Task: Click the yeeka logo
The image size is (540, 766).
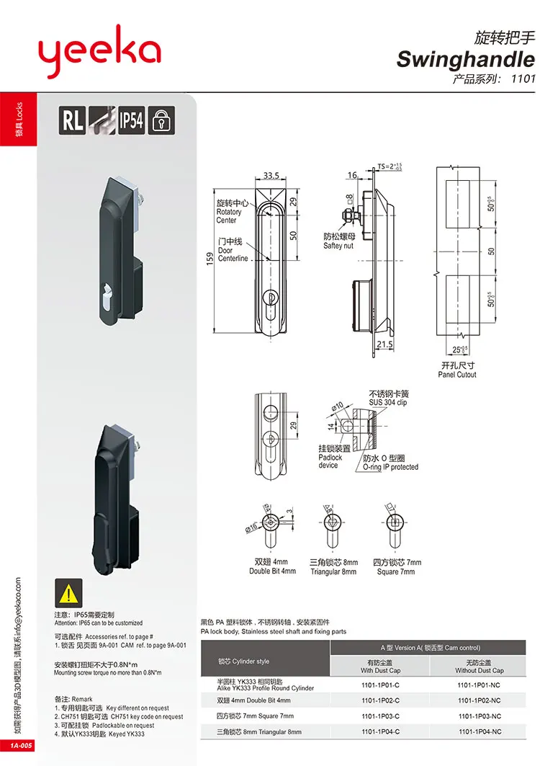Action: click(99, 51)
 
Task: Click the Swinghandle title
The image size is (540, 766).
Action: click(465, 58)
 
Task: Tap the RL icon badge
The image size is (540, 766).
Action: click(71, 120)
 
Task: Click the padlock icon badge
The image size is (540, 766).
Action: click(161, 120)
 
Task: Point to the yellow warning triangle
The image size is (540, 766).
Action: click(68, 593)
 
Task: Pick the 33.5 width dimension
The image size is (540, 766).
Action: click(271, 175)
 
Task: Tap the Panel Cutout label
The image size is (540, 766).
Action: click(457, 375)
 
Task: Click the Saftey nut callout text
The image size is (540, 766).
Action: click(338, 246)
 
